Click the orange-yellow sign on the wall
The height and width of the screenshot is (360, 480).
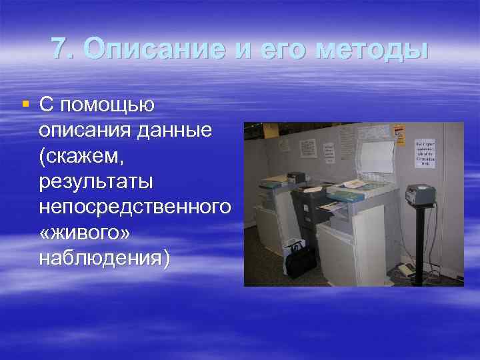(399, 135)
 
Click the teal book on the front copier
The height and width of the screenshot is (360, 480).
(347, 195)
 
